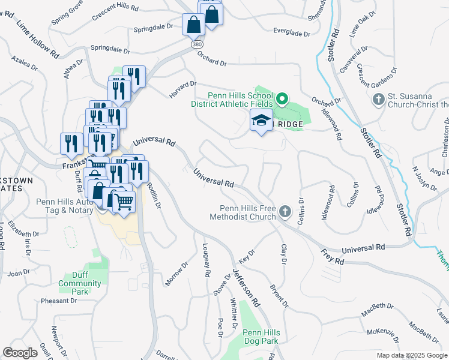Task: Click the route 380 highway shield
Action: click(196, 45)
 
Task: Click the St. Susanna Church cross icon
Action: click(379, 98)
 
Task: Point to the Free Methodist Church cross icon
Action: click(285, 211)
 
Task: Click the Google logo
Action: click(20, 353)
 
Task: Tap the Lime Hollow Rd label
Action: click(37, 40)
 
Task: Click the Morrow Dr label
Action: click(177, 273)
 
